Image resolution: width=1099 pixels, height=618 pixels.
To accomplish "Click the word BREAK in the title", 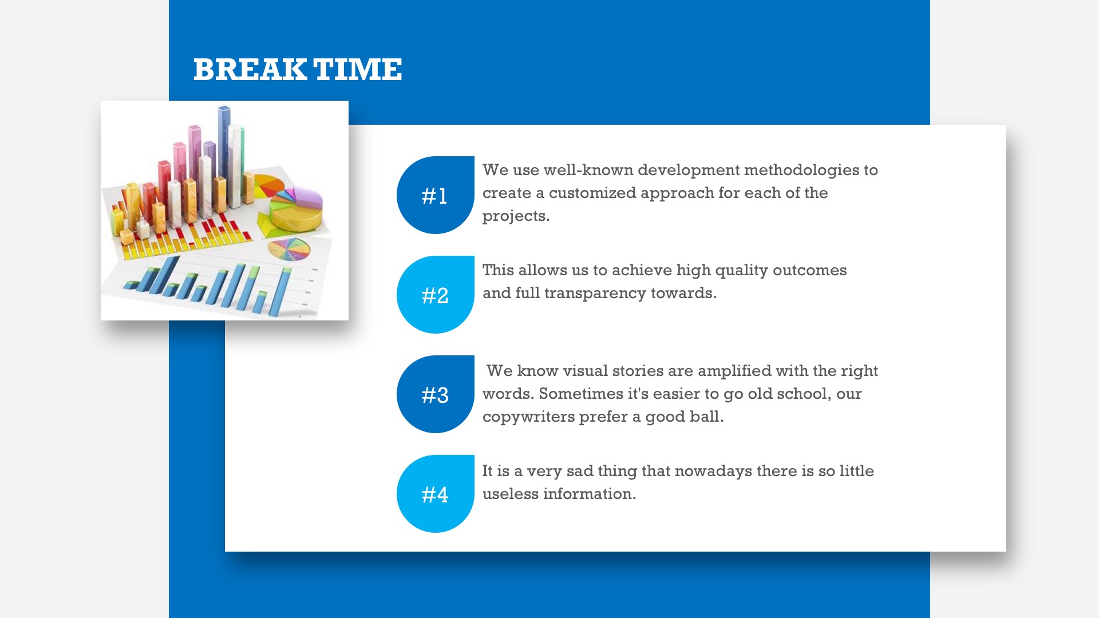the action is coord(250,70).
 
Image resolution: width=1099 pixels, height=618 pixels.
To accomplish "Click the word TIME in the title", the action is coord(358,70).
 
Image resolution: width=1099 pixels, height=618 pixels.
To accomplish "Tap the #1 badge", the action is coord(436,195).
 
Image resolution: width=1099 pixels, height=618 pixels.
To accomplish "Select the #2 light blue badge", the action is coord(436,295).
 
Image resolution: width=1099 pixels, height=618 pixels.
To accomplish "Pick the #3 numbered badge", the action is coord(436,394).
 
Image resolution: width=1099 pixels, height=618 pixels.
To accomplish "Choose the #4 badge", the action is coord(436,494).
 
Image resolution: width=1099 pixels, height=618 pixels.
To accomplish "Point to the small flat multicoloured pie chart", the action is coord(289,249).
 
